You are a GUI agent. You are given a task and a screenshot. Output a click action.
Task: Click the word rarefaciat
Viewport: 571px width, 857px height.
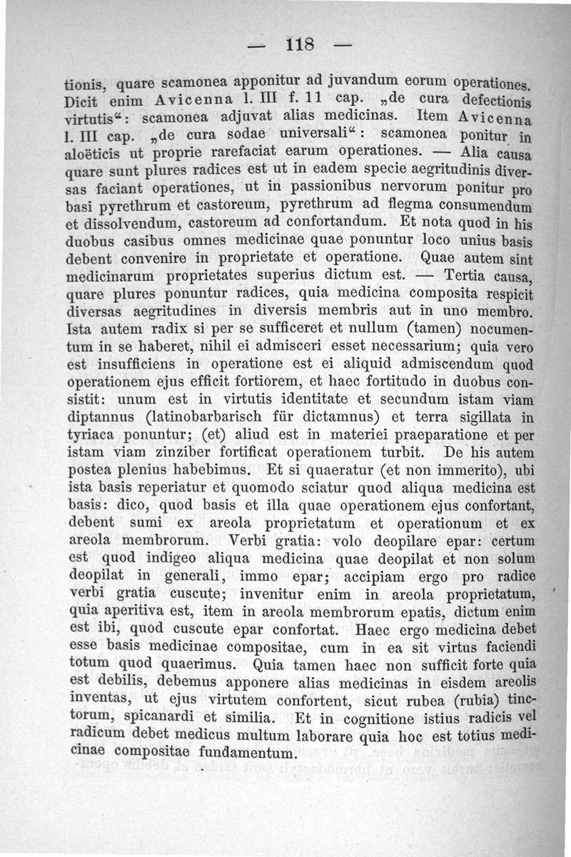pos(263,154)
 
